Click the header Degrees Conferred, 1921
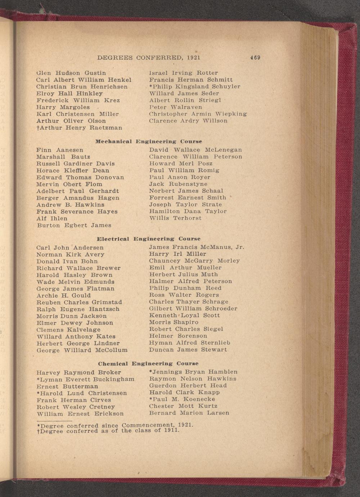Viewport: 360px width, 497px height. [x=149, y=58]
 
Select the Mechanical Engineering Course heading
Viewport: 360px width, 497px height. [x=148, y=142]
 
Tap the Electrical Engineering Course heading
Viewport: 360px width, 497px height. [x=149, y=239]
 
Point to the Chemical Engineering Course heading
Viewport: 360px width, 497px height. [x=148, y=364]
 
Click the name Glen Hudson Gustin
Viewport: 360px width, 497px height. [x=71, y=73]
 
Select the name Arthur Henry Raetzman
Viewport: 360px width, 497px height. [x=79, y=128]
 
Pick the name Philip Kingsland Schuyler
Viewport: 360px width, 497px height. [x=195, y=87]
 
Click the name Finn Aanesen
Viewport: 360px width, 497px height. [x=60, y=150]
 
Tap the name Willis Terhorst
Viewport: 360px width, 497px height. [x=175, y=218]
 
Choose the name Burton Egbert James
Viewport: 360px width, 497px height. [x=74, y=225]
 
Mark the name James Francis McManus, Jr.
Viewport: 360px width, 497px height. [x=197, y=247]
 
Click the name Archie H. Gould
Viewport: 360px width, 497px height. [x=64, y=296]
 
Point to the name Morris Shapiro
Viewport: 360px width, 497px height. [x=174, y=322]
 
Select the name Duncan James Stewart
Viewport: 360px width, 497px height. [x=188, y=350]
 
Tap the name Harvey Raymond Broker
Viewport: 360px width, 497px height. [x=79, y=372]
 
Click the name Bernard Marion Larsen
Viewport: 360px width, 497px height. [x=189, y=413]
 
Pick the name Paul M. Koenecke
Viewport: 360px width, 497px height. [x=182, y=399]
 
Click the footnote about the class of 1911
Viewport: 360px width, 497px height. [x=108, y=431]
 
